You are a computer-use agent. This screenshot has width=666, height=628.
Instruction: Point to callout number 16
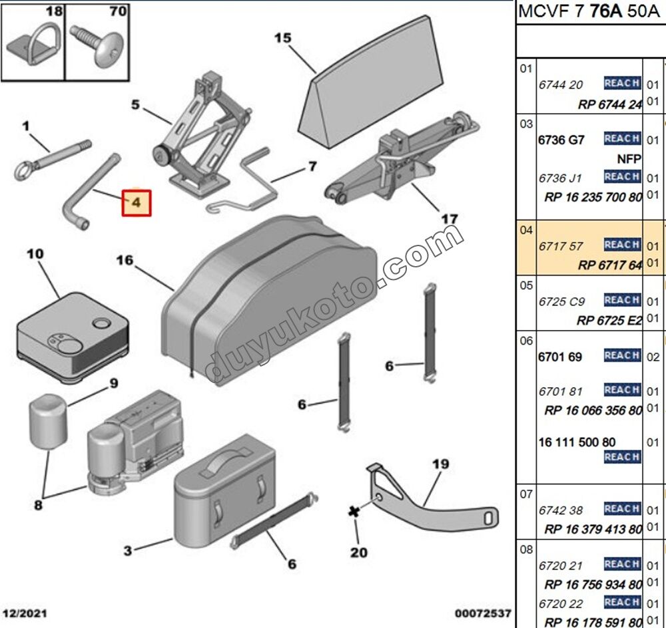[125, 260]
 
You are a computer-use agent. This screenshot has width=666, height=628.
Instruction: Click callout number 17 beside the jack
[450, 219]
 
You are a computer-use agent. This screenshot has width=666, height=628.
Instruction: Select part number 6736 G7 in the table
[561, 140]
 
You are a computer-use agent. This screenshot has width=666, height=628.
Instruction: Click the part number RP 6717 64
[609, 265]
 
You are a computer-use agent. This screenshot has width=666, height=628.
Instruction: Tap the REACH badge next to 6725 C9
[622, 300]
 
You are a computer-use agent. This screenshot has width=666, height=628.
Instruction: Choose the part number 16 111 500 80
[577, 442]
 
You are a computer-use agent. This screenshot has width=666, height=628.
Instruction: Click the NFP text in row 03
[629, 159]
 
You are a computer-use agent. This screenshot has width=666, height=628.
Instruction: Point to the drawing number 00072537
[483, 612]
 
